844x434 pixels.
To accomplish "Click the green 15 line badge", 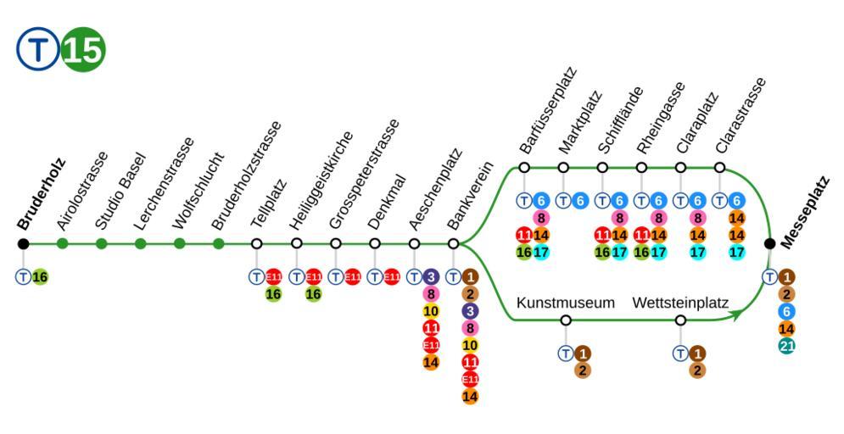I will [x=83, y=52].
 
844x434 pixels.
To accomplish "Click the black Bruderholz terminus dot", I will [x=24, y=244].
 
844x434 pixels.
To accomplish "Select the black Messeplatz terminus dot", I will [x=769, y=244].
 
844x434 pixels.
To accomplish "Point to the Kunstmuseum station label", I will [x=565, y=302].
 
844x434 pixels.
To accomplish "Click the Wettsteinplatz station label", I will [x=680, y=302].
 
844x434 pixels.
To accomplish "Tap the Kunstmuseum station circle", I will [x=566, y=320].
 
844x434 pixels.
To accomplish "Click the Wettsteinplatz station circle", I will [x=680, y=320].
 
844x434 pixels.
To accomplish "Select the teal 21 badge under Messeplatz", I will [x=786, y=345].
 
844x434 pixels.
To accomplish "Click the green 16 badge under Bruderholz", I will [x=40, y=277].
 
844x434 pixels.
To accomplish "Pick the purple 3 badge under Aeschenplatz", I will [x=431, y=277].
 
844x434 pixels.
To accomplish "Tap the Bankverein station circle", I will [x=453, y=244].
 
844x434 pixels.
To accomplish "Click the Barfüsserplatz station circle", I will [x=524, y=167].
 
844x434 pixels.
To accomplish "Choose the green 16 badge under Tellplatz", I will [x=273, y=293].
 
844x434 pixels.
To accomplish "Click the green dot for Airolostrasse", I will [x=63, y=244].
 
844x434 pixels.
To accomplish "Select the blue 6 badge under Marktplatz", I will [x=580, y=201].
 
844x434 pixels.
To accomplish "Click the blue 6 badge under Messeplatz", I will [x=786, y=311].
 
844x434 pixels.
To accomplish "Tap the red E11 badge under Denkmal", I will [x=391, y=277].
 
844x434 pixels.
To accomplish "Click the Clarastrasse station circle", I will [x=719, y=167].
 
